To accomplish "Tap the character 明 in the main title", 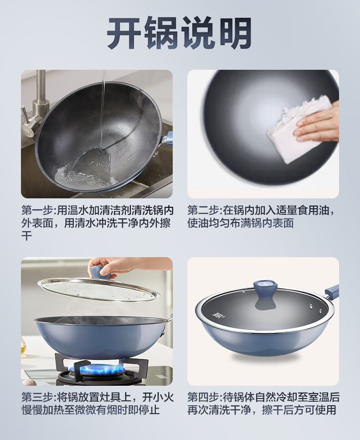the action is click(x=235, y=33).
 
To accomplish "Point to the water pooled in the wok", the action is click(x=84, y=167).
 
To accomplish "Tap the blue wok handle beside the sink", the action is click(x=167, y=139).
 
